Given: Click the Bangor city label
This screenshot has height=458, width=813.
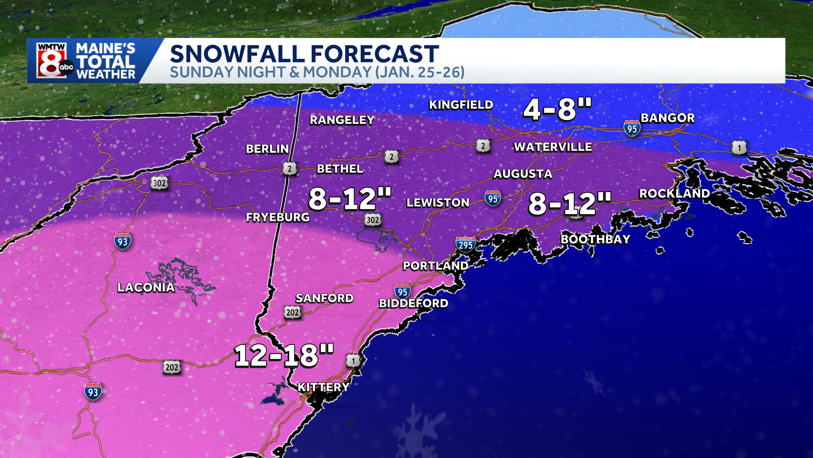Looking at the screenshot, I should (x=667, y=118).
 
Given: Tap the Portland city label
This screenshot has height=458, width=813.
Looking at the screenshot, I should (x=435, y=266).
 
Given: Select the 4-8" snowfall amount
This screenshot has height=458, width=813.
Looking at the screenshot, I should (x=557, y=109).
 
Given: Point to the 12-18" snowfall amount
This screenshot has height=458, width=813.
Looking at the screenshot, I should (x=284, y=355).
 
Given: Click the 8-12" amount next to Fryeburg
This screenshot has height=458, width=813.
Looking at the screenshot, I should (x=349, y=199).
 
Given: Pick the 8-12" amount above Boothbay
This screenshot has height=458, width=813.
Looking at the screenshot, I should (x=570, y=204).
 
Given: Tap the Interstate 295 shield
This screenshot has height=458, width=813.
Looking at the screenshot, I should (x=465, y=245).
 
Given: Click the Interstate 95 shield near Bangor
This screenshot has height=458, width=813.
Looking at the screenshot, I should (x=632, y=128).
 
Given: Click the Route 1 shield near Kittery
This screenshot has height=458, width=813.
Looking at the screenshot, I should (x=353, y=361).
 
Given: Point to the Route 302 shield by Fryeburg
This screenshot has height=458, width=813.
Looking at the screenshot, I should (x=373, y=220).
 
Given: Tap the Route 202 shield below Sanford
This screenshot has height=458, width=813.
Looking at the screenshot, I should (x=292, y=313).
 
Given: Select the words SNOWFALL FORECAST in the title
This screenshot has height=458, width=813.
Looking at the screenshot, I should (x=304, y=54).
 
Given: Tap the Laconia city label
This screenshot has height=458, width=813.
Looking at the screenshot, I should (x=146, y=288).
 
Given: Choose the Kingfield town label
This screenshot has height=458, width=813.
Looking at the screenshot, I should (x=461, y=105).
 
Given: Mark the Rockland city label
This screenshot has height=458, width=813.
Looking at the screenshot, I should (x=674, y=193).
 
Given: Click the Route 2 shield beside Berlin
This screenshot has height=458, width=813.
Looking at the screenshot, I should (x=290, y=169).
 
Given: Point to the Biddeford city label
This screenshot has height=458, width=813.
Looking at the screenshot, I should (x=413, y=303).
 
